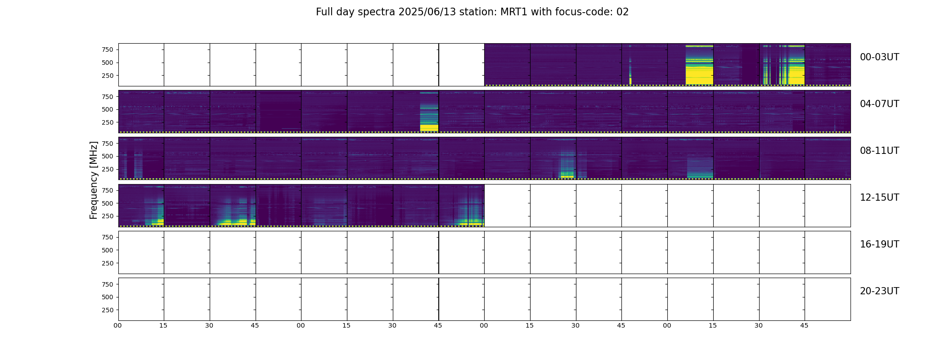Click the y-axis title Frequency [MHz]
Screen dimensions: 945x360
click(94, 180)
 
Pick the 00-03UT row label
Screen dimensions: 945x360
click(879, 57)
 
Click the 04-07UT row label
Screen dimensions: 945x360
click(879, 104)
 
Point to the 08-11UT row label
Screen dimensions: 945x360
click(879, 151)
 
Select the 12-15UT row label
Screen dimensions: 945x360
click(879, 198)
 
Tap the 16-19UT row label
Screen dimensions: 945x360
click(879, 244)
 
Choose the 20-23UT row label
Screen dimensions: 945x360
click(879, 291)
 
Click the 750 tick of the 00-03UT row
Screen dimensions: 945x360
click(108, 49)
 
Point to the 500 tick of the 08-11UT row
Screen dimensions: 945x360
click(108, 157)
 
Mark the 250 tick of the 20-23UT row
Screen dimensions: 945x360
click(108, 310)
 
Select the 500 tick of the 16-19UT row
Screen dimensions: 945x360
click(108, 250)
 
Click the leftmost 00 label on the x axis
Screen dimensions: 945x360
click(118, 326)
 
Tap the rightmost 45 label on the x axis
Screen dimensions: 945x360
click(804, 326)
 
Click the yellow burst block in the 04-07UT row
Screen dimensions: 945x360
click(429, 128)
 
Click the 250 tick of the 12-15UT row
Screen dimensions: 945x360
click(108, 216)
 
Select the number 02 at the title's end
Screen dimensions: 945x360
click(622, 12)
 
